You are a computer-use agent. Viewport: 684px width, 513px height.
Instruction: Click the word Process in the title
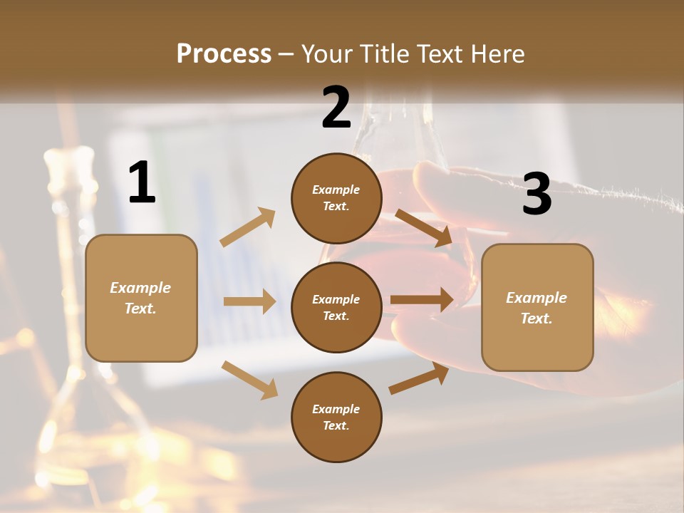[224, 54]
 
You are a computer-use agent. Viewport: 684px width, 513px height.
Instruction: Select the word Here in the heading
[496, 54]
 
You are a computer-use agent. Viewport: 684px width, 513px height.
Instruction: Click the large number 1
[142, 183]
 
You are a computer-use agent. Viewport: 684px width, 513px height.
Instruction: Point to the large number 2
[336, 108]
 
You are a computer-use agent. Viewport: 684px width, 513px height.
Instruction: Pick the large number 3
[537, 195]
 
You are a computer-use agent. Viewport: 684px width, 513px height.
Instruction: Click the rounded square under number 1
[141, 298]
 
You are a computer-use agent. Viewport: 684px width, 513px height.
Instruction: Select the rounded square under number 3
[537, 308]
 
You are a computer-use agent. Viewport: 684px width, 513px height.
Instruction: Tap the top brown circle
[336, 198]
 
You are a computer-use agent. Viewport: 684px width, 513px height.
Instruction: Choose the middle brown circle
[336, 307]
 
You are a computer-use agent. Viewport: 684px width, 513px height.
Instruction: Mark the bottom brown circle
[336, 417]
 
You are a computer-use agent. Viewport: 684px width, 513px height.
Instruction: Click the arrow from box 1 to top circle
[248, 227]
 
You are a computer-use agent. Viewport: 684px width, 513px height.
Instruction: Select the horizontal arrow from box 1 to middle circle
[249, 301]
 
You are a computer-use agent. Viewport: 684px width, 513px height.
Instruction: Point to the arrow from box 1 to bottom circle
[249, 380]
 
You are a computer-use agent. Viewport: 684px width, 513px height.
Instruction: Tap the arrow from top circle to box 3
[423, 227]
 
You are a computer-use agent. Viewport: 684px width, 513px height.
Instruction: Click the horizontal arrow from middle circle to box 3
[422, 299]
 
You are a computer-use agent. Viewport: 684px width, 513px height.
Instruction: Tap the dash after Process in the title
[286, 54]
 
